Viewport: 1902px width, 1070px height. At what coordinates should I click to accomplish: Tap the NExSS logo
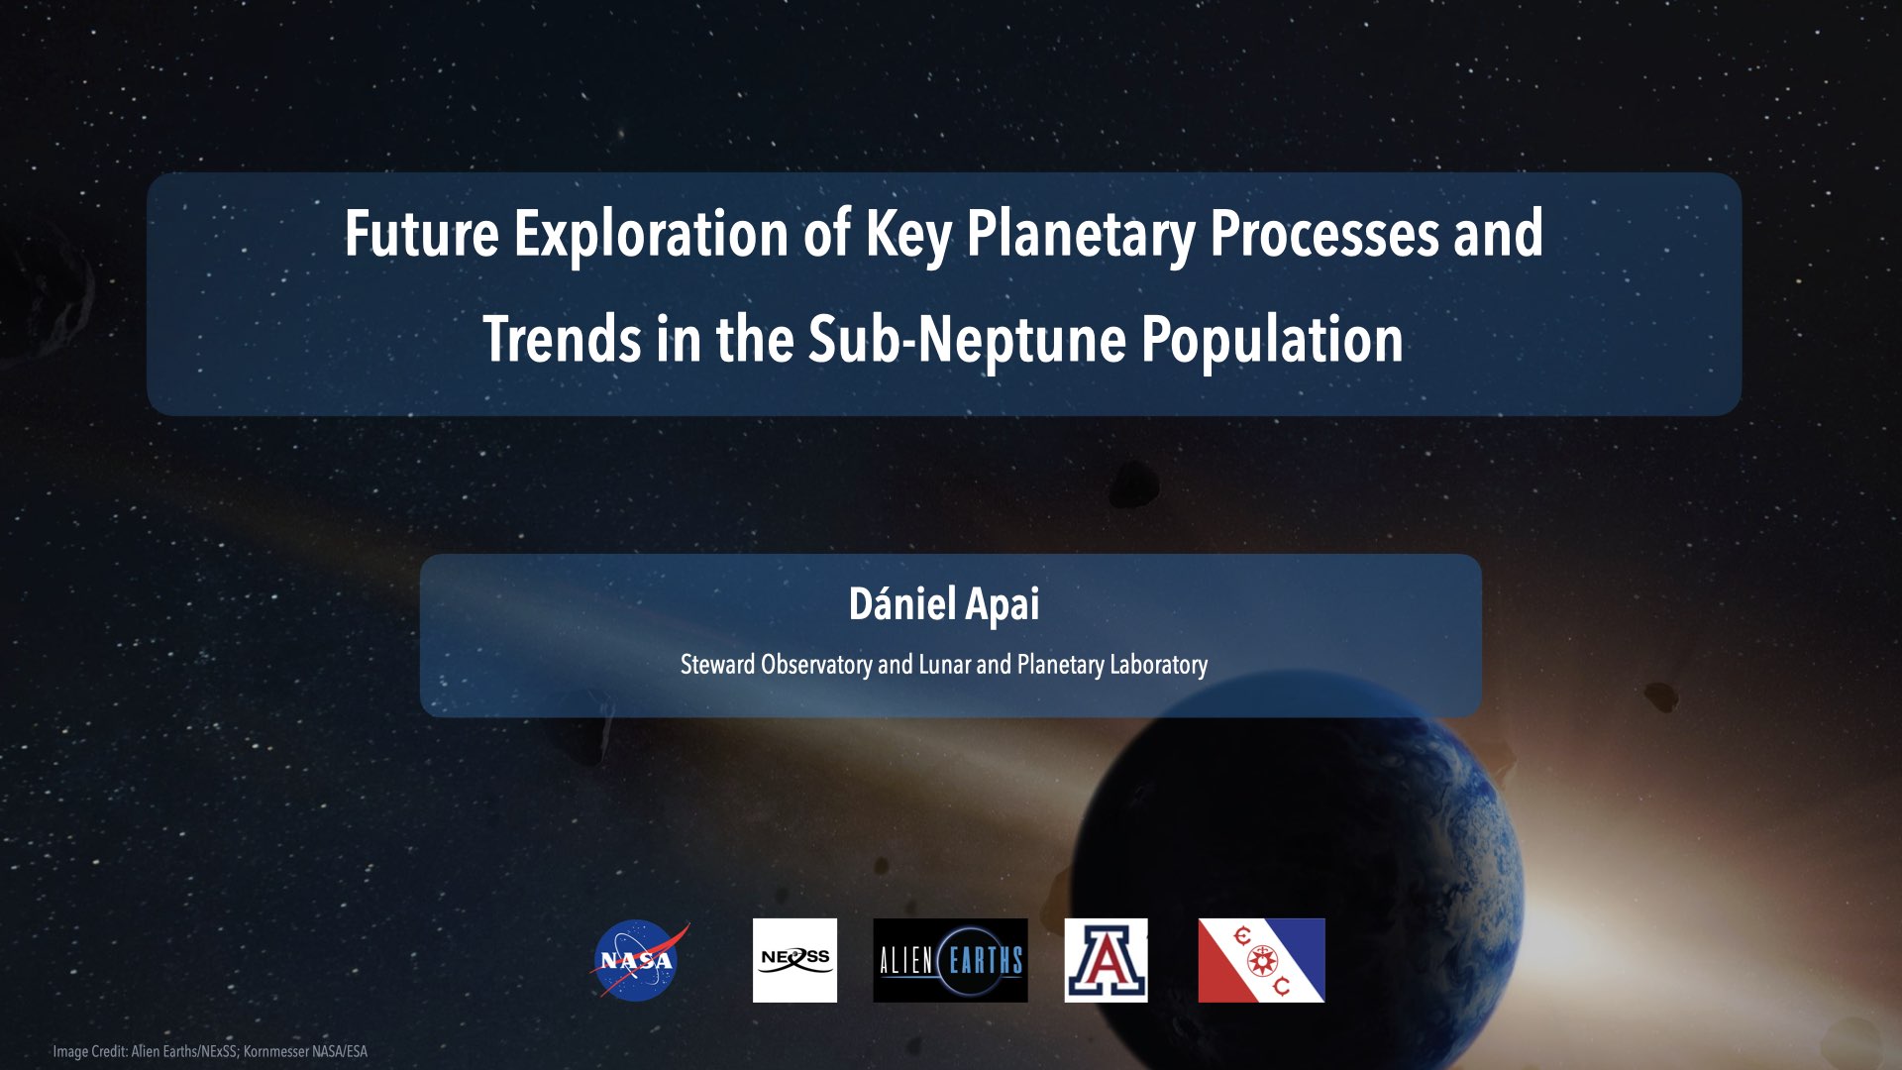pyautogui.click(x=794, y=960)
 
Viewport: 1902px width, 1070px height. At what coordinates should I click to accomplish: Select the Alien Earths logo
pyautogui.click(x=950, y=960)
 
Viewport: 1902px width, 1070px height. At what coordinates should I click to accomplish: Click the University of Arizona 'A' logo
pyautogui.click(x=1106, y=960)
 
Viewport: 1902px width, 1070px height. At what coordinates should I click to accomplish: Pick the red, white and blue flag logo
pyautogui.click(x=1261, y=960)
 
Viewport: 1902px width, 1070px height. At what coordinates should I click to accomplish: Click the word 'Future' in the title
pyautogui.click(x=421, y=234)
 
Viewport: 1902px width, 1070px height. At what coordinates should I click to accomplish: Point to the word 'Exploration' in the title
pyautogui.click(x=651, y=234)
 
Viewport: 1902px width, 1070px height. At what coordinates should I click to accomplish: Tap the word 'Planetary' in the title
pyautogui.click(x=1080, y=234)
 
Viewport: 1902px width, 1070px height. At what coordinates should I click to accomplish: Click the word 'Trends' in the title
pyautogui.click(x=561, y=339)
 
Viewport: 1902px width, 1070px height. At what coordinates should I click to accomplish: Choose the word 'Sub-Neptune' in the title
pyautogui.click(x=967, y=339)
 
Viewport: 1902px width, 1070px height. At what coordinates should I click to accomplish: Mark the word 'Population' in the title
pyautogui.click(x=1272, y=339)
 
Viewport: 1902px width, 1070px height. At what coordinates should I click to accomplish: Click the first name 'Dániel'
pyautogui.click(x=901, y=603)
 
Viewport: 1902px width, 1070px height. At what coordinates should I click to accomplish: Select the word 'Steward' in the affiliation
pyautogui.click(x=717, y=664)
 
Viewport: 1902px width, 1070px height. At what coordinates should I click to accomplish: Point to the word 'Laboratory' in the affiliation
pyautogui.click(x=1158, y=664)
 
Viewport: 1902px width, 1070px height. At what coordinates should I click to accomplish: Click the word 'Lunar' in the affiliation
pyautogui.click(x=944, y=664)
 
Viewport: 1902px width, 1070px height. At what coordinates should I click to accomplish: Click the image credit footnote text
pyautogui.click(x=210, y=1051)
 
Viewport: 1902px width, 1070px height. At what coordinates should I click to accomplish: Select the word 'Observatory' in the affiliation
pyautogui.click(x=816, y=664)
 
